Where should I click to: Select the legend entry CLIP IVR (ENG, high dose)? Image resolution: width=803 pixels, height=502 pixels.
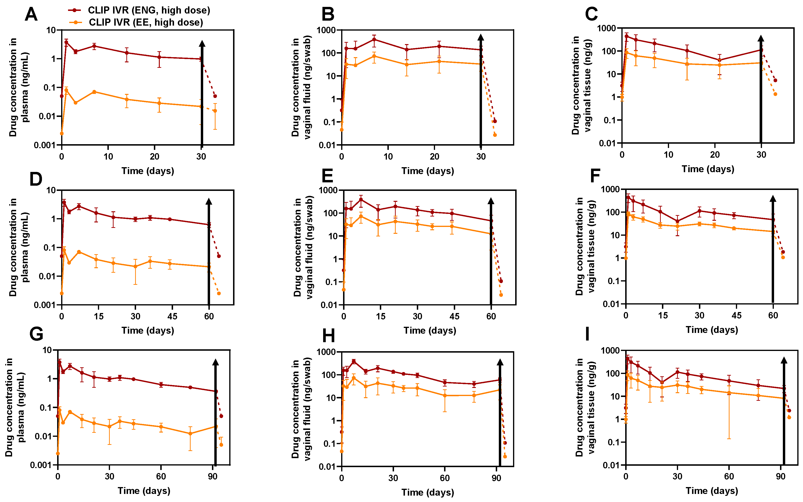[149, 10]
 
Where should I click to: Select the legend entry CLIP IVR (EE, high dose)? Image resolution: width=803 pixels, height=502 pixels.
[146, 22]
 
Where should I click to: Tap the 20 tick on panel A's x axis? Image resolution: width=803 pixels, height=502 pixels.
[154, 157]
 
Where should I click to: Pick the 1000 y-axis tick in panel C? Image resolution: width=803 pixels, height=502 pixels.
[606, 28]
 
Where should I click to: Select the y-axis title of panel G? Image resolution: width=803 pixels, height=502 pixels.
[15, 407]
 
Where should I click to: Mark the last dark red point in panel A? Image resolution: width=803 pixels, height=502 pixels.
[215, 96]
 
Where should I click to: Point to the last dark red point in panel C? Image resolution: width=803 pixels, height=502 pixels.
[775, 80]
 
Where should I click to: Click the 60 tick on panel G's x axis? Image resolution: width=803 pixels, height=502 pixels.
[161, 476]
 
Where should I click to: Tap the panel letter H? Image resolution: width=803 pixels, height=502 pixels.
[328, 336]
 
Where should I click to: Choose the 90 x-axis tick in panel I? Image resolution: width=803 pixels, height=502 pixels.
[780, 476]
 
